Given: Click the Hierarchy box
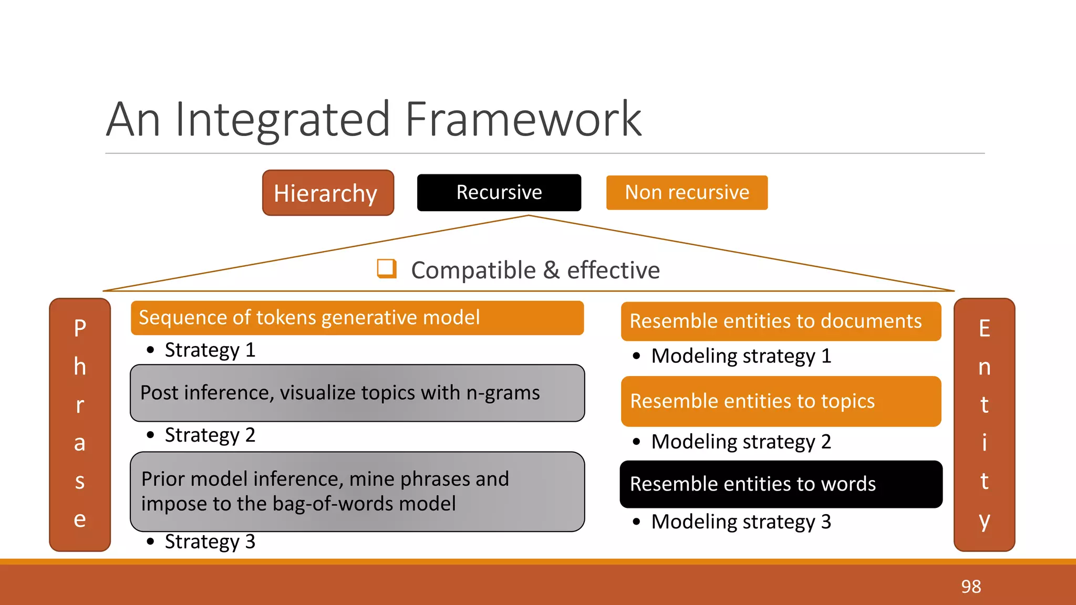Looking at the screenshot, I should tap(328, 193).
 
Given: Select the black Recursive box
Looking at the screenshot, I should tap(499, 193).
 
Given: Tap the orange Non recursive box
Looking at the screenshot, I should tap(687, 193).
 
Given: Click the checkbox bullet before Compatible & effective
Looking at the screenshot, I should tap(387, 268).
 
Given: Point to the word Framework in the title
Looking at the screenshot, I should tap(523, 120).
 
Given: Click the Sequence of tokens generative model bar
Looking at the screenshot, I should tap(357, 318).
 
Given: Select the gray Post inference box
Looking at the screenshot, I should tap(357, 393).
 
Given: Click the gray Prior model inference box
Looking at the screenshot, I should tap(357, 492).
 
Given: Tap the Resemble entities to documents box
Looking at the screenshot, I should tap(781, 321).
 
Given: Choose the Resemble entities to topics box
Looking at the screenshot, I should tap(781, 401).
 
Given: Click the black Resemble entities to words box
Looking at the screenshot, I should tap(781, 484).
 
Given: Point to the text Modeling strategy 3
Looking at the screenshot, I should tap(741, 522).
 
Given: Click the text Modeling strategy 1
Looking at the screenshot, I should tap(741, 356).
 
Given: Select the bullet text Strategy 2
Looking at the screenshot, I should tap(210, 435).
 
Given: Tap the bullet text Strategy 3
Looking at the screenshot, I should tap(210, 542).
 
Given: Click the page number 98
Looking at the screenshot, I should tap(971, 587).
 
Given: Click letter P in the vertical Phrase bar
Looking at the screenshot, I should tap(80, 329).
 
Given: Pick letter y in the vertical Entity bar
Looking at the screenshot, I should tap(984, 520).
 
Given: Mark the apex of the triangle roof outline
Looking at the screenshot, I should tap(529, 216).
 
